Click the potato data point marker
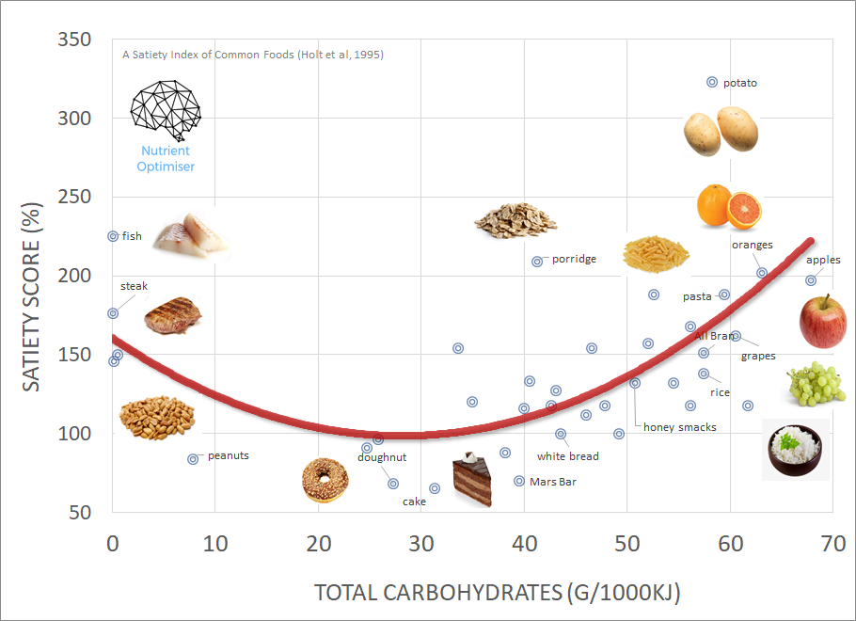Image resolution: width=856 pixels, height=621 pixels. pos(712,83)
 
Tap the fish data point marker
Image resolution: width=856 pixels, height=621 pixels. pos(113,236)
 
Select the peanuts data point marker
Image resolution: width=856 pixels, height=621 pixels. pos(193,459)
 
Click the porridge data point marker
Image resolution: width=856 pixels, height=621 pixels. pos(537,262)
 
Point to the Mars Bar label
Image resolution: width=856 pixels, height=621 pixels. pos(553,482)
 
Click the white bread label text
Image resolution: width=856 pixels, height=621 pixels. pos(568,456)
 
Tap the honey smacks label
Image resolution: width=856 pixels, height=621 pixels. pos(679,427)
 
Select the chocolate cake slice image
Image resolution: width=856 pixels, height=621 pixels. pos(473,481)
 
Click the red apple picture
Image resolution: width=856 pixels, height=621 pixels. pos(823,321)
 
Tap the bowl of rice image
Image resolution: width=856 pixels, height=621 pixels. pos(795,449)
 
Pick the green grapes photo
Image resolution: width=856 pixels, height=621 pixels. pos(815,384)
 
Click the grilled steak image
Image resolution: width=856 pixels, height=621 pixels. pos(173,315)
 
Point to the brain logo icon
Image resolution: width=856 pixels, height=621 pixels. pos(166,107)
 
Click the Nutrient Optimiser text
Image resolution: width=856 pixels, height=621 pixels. pos(166,158)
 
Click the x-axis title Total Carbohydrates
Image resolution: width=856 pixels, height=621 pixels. pos(497,593)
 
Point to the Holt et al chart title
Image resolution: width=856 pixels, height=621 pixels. pos(253,55)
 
